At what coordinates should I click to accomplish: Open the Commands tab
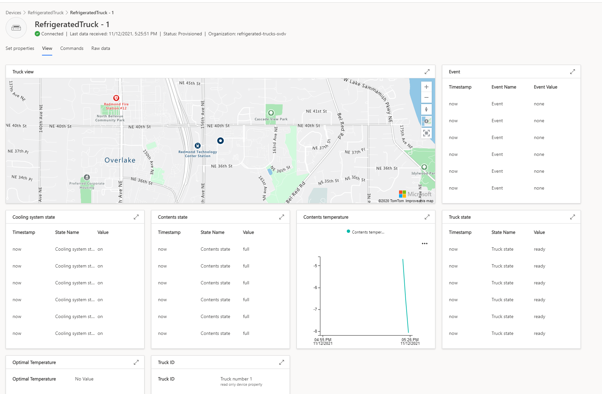tap(72, 48)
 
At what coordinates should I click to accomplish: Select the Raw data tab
tap(100, 48)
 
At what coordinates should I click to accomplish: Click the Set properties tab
tap(20, 48)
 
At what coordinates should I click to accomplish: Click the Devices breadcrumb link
tap(13, 13)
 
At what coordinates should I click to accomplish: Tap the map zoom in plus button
tap(426, 87)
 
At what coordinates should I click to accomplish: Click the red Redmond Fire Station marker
tap(116, 98)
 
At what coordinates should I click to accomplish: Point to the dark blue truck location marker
tap(221, 141)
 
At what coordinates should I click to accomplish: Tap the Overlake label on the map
tap(120, 160)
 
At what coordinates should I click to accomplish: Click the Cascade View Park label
tap(271, 119)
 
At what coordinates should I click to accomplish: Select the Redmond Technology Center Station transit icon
tap(198, 146)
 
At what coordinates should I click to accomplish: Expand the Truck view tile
tap(427, 72)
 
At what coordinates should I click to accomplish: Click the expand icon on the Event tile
tap(573, 72)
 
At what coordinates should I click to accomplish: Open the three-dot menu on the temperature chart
tap(425, 243)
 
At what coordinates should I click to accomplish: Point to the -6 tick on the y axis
tap(315, 288)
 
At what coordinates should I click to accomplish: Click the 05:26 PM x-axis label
tap(410, 340)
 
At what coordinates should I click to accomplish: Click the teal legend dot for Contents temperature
tap(348, 232)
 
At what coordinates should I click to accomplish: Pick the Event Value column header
tap(545, 87)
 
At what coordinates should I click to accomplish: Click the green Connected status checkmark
tap(37, 34)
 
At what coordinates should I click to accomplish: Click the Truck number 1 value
tap(236, 379)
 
